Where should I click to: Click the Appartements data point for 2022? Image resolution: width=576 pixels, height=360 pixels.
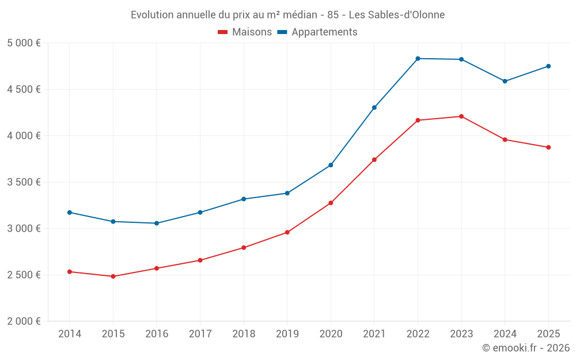[418, 59]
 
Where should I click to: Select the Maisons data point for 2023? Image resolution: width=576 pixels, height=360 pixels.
[461, 116]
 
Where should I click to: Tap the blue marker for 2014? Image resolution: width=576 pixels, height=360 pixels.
[70, 213]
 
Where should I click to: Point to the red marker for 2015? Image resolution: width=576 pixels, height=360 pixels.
[113, 276]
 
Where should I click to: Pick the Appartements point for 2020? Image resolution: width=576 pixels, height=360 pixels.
[331, 165]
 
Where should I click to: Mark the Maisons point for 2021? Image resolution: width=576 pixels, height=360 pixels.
[374, 160]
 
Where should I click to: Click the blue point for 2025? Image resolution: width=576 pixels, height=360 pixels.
[548, 66]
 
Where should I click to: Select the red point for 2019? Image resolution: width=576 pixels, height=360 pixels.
[287, 233]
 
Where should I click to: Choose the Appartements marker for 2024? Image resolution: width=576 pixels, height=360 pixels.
[505, 81]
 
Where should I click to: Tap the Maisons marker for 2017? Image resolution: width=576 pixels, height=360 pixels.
[200, 260]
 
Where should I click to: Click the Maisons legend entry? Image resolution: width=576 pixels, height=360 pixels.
[245, 32]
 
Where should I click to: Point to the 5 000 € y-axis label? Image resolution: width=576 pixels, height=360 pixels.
[24, 43]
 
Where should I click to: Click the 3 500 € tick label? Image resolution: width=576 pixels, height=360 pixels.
[24, 182]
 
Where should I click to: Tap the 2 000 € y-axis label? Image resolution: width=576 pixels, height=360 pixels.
[24, 321]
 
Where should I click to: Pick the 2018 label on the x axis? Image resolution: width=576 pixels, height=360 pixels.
[244, 334]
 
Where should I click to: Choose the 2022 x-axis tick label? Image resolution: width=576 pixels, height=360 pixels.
[418, 334]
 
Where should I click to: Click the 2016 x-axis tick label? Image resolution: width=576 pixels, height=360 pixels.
[157, 334]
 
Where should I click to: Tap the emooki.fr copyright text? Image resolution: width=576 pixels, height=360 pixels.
[526, 348]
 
